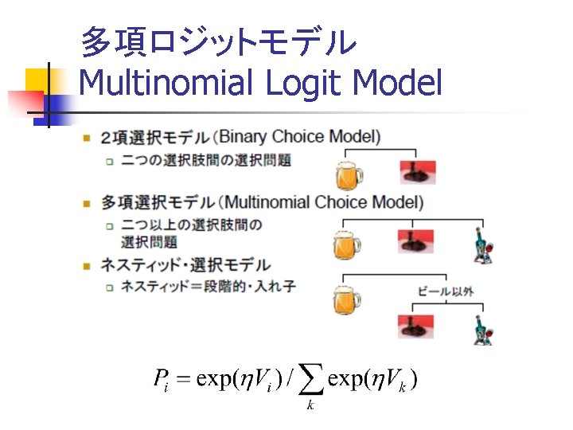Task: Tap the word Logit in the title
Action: point(302,83)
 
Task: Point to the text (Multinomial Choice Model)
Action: point(322,201)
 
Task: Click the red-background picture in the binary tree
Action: point(417,170)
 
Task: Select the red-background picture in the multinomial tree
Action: point(415,240)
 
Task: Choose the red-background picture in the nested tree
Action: point(415,326)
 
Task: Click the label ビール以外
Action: point(446,291)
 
